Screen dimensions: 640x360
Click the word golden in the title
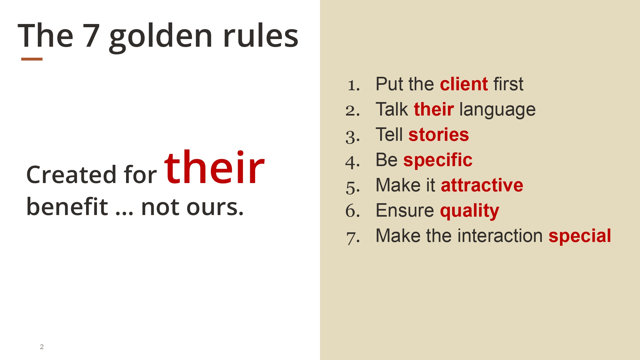[161, 38]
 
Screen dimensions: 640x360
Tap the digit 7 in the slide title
[92, 36]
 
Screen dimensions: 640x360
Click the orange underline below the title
[32, 59]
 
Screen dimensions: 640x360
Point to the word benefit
[67, 206]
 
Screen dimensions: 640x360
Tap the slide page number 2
[42, 347]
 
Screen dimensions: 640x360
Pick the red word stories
[439, 134]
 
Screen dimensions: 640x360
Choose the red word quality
[469, 212]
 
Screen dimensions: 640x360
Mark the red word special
[580, 237]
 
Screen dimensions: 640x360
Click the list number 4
[352, 162]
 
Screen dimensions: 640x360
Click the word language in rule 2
[497, 110]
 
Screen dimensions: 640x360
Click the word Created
[71, 175]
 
